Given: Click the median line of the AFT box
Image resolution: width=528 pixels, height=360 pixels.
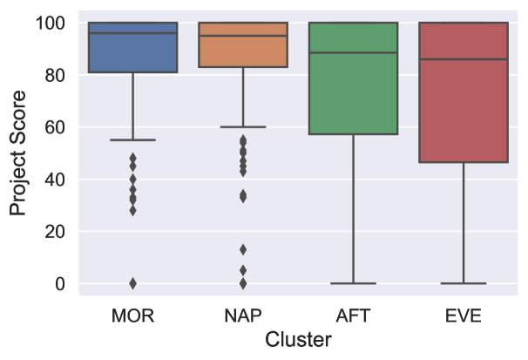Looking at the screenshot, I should click(353, 53).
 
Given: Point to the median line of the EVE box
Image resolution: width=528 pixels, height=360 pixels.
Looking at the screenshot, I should click(463, 59).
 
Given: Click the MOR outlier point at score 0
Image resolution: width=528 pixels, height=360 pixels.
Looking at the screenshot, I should click(133, 283).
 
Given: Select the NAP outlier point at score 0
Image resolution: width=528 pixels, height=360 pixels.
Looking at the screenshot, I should click(243, 283).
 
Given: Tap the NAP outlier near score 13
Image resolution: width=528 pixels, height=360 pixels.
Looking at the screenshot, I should click(243, 249).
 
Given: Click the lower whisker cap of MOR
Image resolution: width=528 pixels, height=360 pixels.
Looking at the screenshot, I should click(133, 139).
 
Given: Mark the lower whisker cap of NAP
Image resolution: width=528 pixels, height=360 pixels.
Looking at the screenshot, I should click(243, 127).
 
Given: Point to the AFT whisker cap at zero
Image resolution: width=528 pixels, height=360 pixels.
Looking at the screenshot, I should click(353, 283).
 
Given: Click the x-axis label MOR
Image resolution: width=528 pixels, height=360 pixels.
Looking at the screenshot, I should click(133, 316).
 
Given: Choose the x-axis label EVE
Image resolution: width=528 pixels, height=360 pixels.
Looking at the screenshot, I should click(463, 316).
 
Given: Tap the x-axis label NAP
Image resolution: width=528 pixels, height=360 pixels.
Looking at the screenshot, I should click(243, 316).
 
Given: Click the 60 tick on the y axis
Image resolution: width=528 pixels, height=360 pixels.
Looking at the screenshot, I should click(58, 127).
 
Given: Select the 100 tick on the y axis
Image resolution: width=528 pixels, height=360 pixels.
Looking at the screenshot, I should click(53, 23).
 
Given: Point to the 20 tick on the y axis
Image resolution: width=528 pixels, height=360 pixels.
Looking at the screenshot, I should click(58, 232).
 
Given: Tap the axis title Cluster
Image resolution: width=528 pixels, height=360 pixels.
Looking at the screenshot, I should click(298, 341).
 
